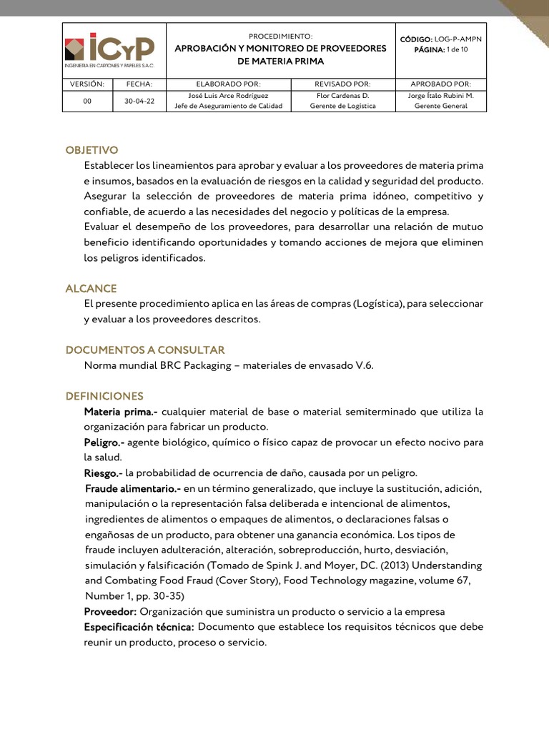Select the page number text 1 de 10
(455, 49)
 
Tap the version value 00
(87, 101)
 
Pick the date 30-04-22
(139, 101)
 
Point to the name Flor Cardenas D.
(342, 94)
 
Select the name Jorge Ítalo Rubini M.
(446, 94)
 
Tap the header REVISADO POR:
(342, 84)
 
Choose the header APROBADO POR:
(446, 84)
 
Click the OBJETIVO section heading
(91, 150)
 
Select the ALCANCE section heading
(91, 288)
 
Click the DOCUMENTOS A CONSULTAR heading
(145, 350)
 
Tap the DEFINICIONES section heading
(104, 396)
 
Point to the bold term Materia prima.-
(121, 412)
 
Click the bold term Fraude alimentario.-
(133, 489)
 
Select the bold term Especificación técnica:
(139, 627)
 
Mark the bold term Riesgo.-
(103, 473)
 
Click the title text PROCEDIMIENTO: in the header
(280, 36)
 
